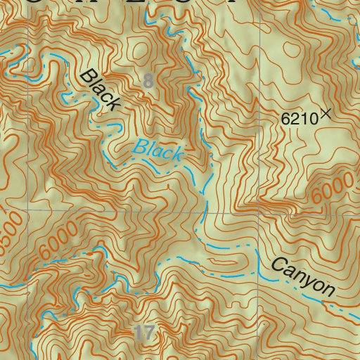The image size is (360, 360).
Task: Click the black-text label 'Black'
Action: (101, 90)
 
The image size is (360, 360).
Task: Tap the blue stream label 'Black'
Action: (159, 150)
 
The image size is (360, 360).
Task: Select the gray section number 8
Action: (148, 80)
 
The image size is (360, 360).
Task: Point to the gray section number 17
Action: (143, 333)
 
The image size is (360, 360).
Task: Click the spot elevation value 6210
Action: (299, 119)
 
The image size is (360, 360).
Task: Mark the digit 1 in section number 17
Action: (139, 333)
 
